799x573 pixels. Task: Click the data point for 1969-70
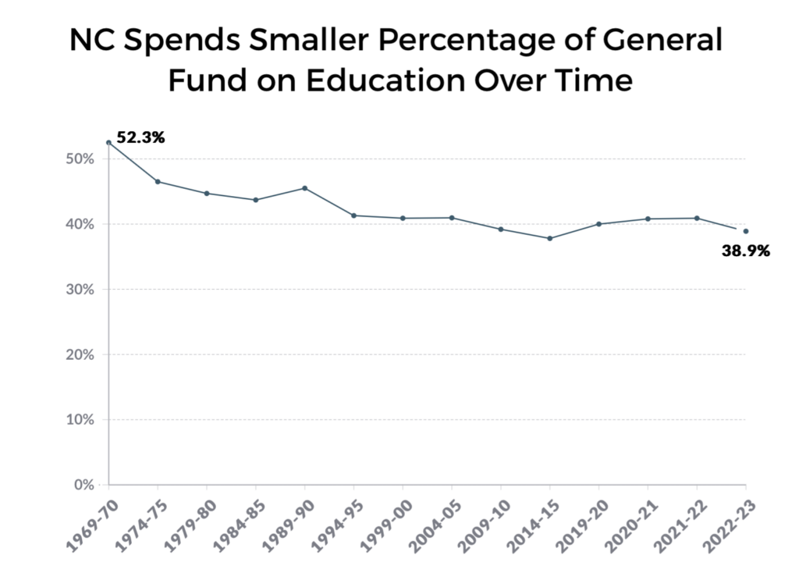(x=108, y=143)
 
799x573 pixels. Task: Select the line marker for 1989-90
(x=304, y=188)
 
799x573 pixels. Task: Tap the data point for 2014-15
(x=550, y=238)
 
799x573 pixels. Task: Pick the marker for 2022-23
(x=746, y=231)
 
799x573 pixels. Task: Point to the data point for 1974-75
(x=158, y=182)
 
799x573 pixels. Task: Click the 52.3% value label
(x=140, y=138)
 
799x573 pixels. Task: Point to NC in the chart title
(x=91, y=41)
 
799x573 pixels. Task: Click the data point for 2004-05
(x=452, y=218)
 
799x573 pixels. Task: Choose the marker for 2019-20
(x=598, y=224)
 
